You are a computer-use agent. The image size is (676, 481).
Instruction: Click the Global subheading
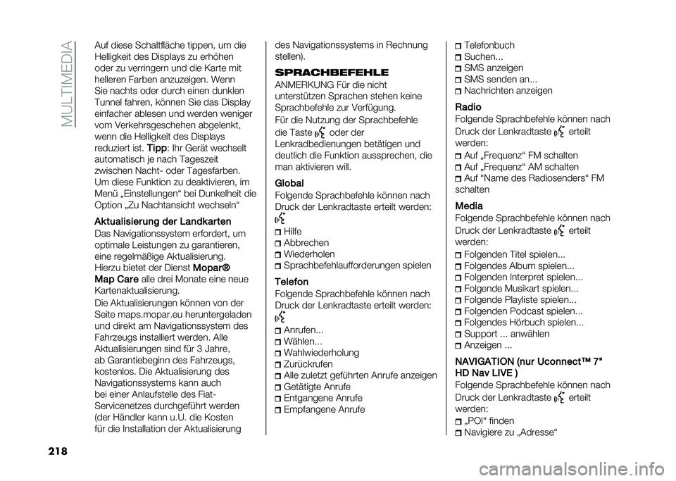290,183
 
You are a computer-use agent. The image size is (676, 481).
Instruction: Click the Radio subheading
468,107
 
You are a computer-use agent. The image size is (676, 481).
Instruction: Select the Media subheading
469,206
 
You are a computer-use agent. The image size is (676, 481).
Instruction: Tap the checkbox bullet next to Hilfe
278,232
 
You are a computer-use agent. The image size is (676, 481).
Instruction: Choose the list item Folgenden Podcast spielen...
523,311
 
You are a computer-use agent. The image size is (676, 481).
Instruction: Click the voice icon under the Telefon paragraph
280,318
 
